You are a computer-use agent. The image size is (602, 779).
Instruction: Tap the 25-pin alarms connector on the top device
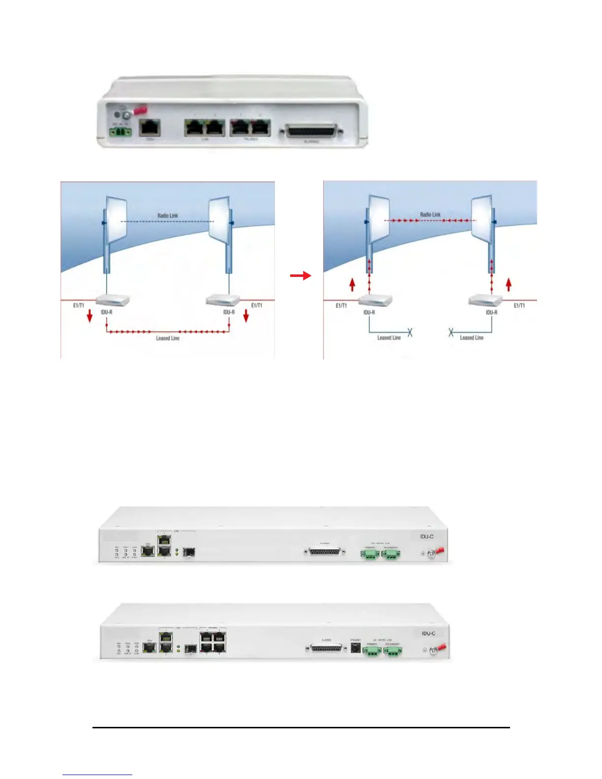coord(311,132)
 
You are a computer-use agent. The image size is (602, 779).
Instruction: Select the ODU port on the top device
coord(150,128)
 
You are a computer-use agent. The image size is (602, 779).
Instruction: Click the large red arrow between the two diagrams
coord(301,276)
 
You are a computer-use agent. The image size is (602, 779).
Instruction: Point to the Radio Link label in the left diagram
coord(167,215)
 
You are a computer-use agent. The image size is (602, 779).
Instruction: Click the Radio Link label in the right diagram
coord(430,214)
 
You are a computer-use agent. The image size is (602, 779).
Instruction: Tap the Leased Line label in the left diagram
coord(168,338)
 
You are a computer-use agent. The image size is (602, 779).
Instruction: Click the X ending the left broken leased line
coord(410,333)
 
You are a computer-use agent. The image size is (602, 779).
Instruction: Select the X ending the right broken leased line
coord(451,333)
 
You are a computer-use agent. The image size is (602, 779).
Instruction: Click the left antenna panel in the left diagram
coord(116,217)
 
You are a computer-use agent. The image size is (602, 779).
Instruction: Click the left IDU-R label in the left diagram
coord(107,312)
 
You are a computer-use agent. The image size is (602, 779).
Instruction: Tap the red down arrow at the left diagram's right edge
coord(246,317)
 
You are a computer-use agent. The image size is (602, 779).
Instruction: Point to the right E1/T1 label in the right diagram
coord(519,305)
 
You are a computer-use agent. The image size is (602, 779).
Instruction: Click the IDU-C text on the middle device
coord(427,537)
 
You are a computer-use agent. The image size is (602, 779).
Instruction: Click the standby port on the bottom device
coord(355,649)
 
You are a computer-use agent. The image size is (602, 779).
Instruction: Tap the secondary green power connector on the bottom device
coord(392,651)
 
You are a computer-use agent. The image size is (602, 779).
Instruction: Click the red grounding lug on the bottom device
coord(441,647)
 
